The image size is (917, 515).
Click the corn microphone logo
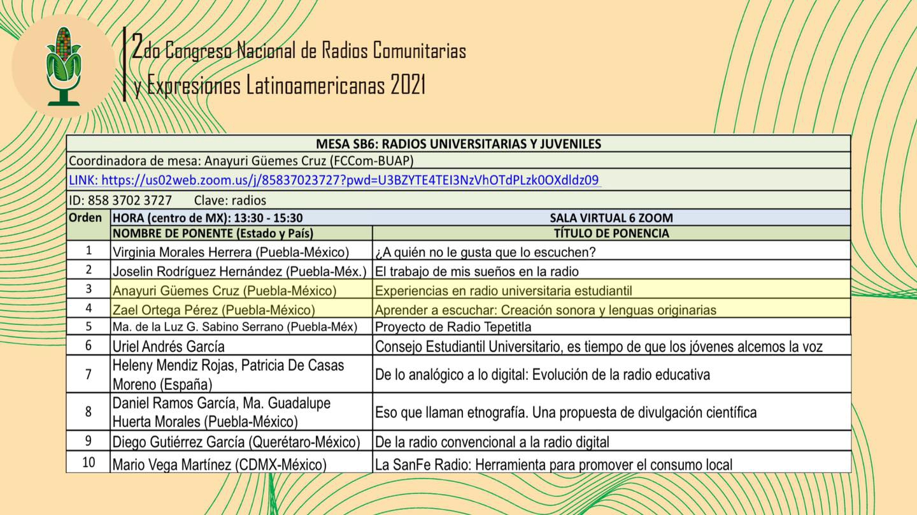point(63,66)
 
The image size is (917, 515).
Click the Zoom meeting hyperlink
point(334,180)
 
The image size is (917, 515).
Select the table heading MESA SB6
point(458,143)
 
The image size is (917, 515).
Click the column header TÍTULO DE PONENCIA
point(611,233)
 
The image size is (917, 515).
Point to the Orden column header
point(85,217)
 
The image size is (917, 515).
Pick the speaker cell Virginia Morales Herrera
point(231,252)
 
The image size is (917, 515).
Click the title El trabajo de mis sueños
point(476,272)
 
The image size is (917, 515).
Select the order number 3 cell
point(89,289)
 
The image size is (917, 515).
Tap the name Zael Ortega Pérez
point(213,310)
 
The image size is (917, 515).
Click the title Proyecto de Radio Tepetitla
point(453,327)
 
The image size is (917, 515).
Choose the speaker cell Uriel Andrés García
point(168,347)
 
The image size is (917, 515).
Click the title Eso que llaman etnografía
point(565,412)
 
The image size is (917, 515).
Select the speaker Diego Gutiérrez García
point(236,442)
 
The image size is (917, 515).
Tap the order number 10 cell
point(89,462)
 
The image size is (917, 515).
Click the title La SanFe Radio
point(553,465)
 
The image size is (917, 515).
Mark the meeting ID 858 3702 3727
point(130,200)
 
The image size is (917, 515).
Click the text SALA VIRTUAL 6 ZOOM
point(611,217)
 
